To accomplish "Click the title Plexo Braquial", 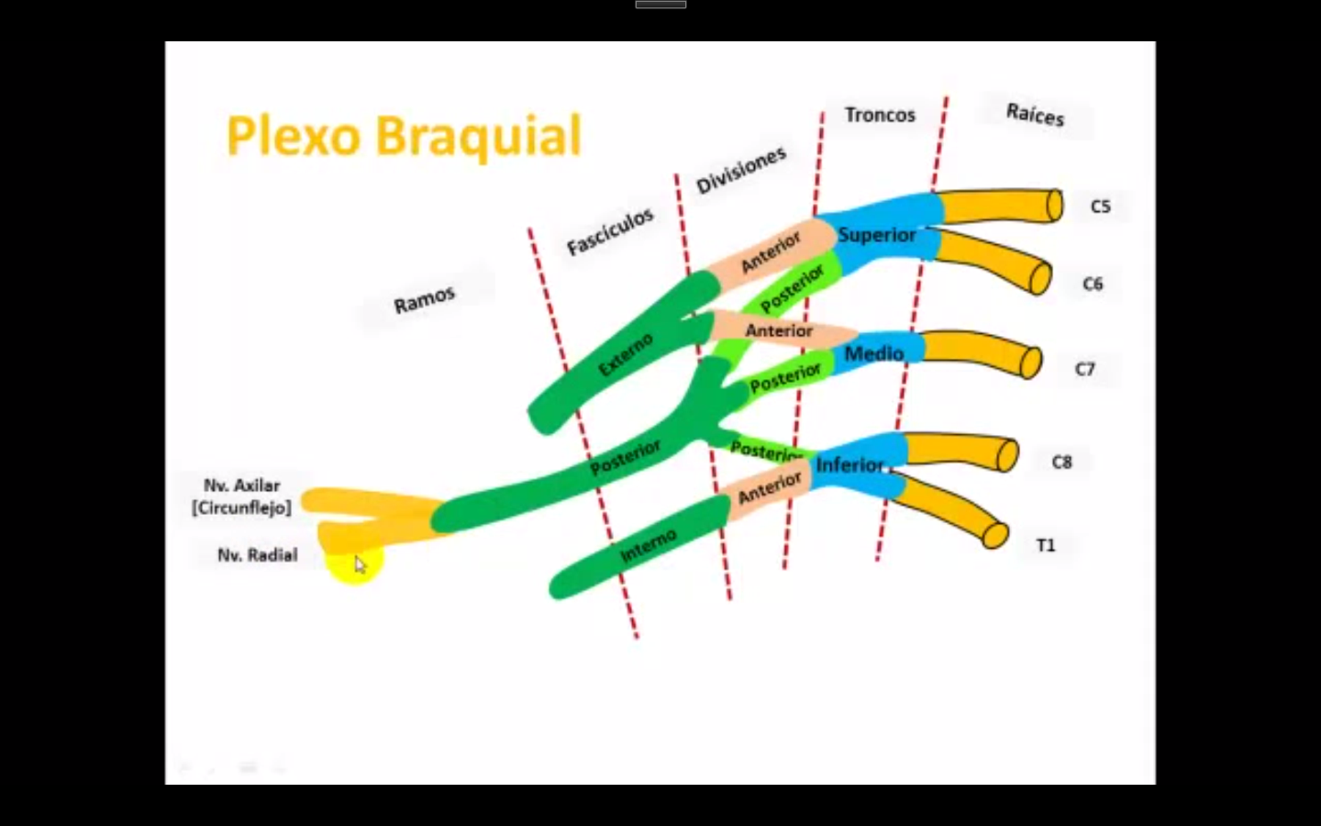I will (x=404, y=136).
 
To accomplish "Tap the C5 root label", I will (x=1100, y=206).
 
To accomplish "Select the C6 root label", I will (x=1092, y=284).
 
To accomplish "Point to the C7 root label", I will (x=1084, y=369).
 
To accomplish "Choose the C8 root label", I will (x=1061, y=462).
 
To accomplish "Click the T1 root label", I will (x=1046, y=545).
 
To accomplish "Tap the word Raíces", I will (x=1035, y=115).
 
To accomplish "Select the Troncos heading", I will (x=880, y=115).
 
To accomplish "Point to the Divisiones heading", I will (x=740, y=170).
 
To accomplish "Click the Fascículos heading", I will (x=610, y=231).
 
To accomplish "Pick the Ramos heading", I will (x=424, y=299).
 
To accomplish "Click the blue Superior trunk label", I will (x=876, y=235).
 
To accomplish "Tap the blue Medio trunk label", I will (x=873, y=353).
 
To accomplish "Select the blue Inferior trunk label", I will (x=849, y=464).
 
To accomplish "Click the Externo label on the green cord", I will (x=626, y=354).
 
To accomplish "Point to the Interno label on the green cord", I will (x=648, y=546).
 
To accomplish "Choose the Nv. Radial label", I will (x=257, y=554).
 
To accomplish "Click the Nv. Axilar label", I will (x=241, y=486).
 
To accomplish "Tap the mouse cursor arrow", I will (x=360, y=564).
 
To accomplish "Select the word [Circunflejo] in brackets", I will (x=241, y=508).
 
